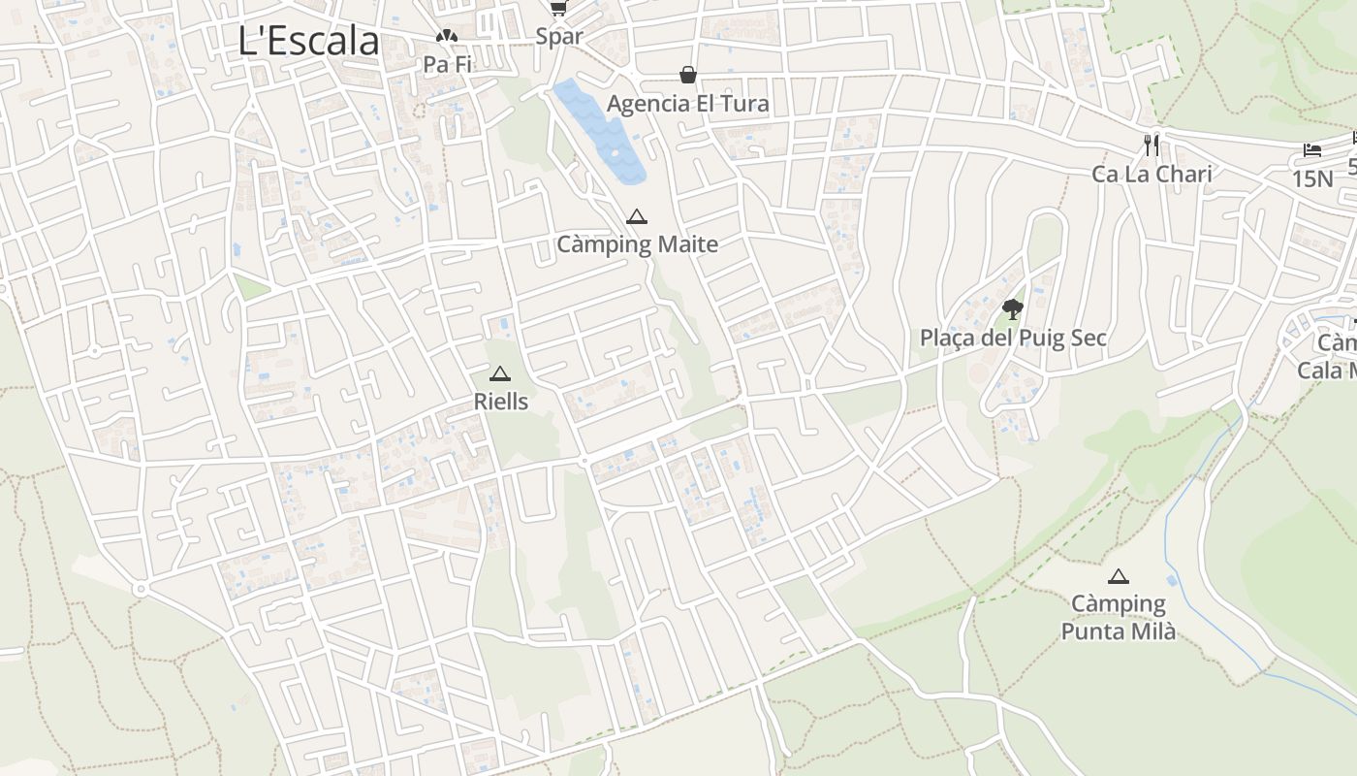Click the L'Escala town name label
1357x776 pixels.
[308, 41]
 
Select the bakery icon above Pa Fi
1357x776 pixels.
[446, 37]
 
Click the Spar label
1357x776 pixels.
[559, 37]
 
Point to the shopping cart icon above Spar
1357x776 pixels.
[558, 9]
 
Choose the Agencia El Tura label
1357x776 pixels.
[687, 103]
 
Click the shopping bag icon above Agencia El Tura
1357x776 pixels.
[687, 75]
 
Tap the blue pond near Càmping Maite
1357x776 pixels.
[601, 132]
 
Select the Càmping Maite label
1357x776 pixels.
[637, 243]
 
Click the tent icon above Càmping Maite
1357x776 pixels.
[636, 216]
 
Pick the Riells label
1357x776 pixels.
[500, 401]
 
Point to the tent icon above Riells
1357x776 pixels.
[500, 373]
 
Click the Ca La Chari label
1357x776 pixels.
[1152, 175]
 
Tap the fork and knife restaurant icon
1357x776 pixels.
[1152, 145]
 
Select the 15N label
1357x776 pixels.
[1312, 178]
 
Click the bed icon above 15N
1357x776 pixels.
[1312, 150]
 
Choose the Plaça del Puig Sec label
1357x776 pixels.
[1013, 339]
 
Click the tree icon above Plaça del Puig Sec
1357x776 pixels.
[1013, 309]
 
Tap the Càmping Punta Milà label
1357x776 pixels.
[1119, 618]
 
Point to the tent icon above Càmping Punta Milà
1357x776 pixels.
[1119, 576]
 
